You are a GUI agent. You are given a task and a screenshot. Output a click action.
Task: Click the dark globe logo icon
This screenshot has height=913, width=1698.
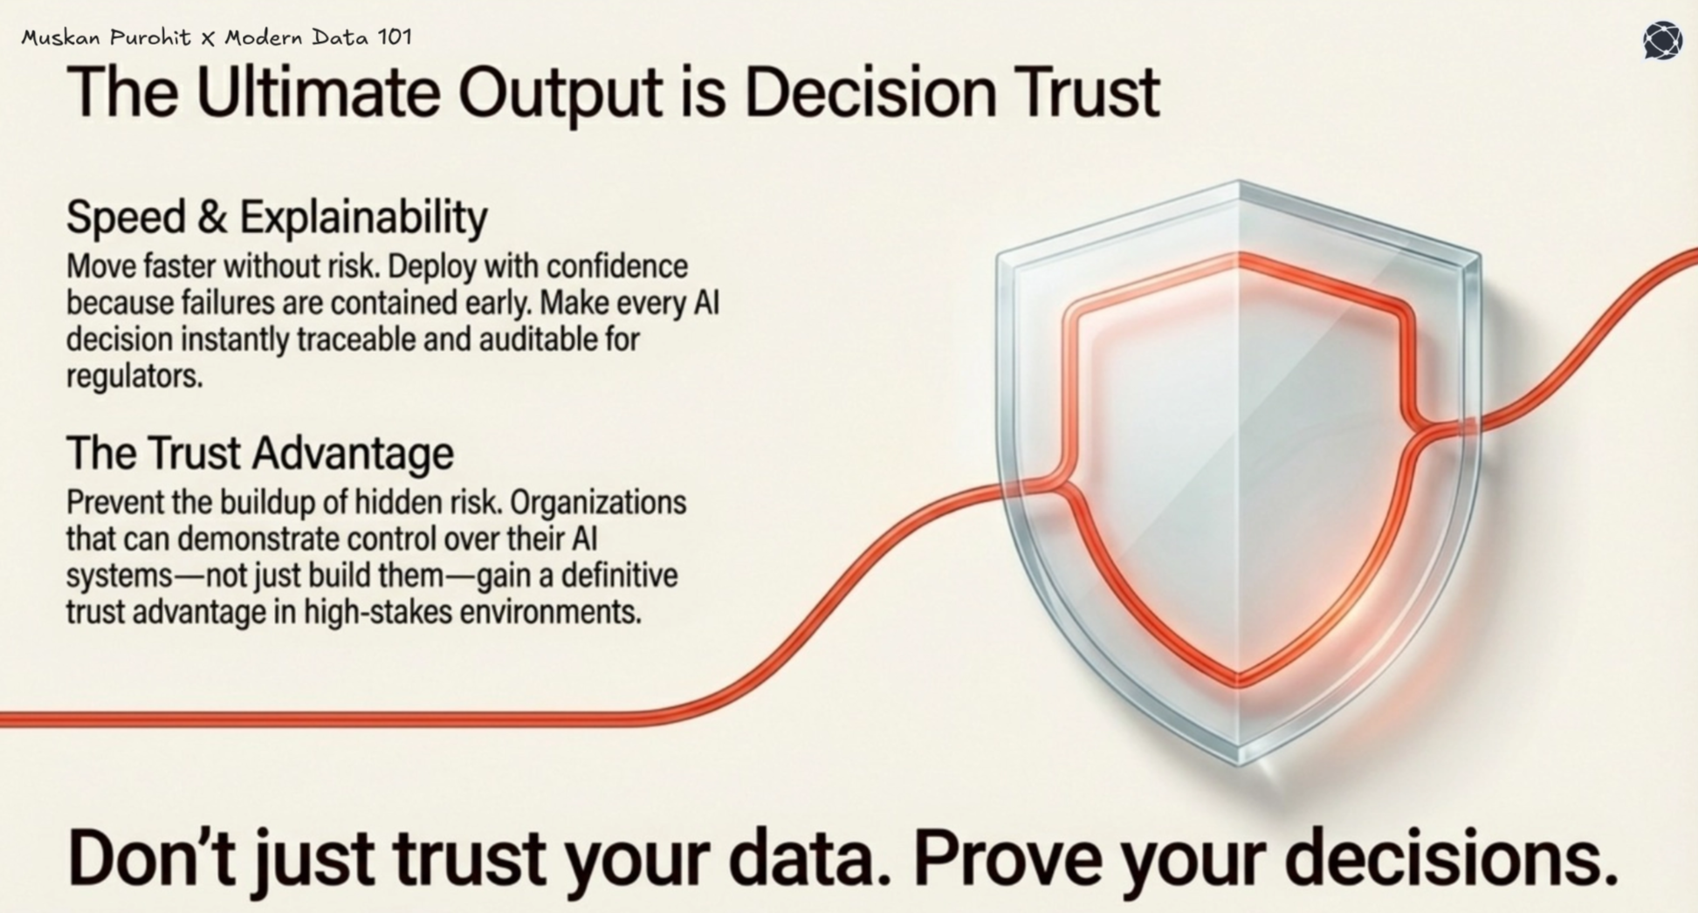click(1661, 40)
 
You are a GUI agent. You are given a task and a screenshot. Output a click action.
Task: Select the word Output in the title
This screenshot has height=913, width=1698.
click(560, 93)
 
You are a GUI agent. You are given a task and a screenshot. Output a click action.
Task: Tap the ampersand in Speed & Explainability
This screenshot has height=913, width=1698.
click(211, 216)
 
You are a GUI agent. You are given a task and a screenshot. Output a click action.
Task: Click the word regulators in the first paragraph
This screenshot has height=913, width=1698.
click(134, 376)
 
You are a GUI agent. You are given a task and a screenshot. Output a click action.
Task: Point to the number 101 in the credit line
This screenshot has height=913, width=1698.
click(395, 38)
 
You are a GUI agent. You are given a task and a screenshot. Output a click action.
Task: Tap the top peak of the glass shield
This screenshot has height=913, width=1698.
click(1238, 183)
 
